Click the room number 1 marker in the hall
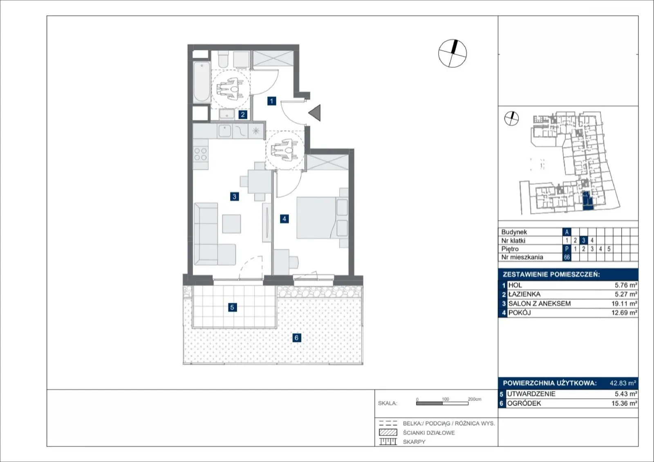pos(271,101)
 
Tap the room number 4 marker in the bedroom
pos(284,219)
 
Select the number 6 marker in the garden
pos(297,338)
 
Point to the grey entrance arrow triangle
pos(315,113)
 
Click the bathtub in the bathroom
pos(202,81)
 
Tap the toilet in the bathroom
pos(224,59)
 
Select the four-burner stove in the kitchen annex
pos(201,154)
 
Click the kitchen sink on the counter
pos(224,131)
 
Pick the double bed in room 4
pos(323,218)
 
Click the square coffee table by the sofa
pos(231,224)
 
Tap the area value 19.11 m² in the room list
pos(624,304)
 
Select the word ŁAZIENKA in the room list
pos(524,294)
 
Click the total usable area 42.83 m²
pos(623,383)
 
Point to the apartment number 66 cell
pos(567,257)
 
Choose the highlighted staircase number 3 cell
pos(584,240)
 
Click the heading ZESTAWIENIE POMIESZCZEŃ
pos(551,275)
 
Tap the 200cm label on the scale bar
pos(475,399)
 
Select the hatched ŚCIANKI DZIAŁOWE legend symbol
pos(388,432)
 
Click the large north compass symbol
pos(452,54)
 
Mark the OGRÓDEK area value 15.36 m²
pos(624,403)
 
